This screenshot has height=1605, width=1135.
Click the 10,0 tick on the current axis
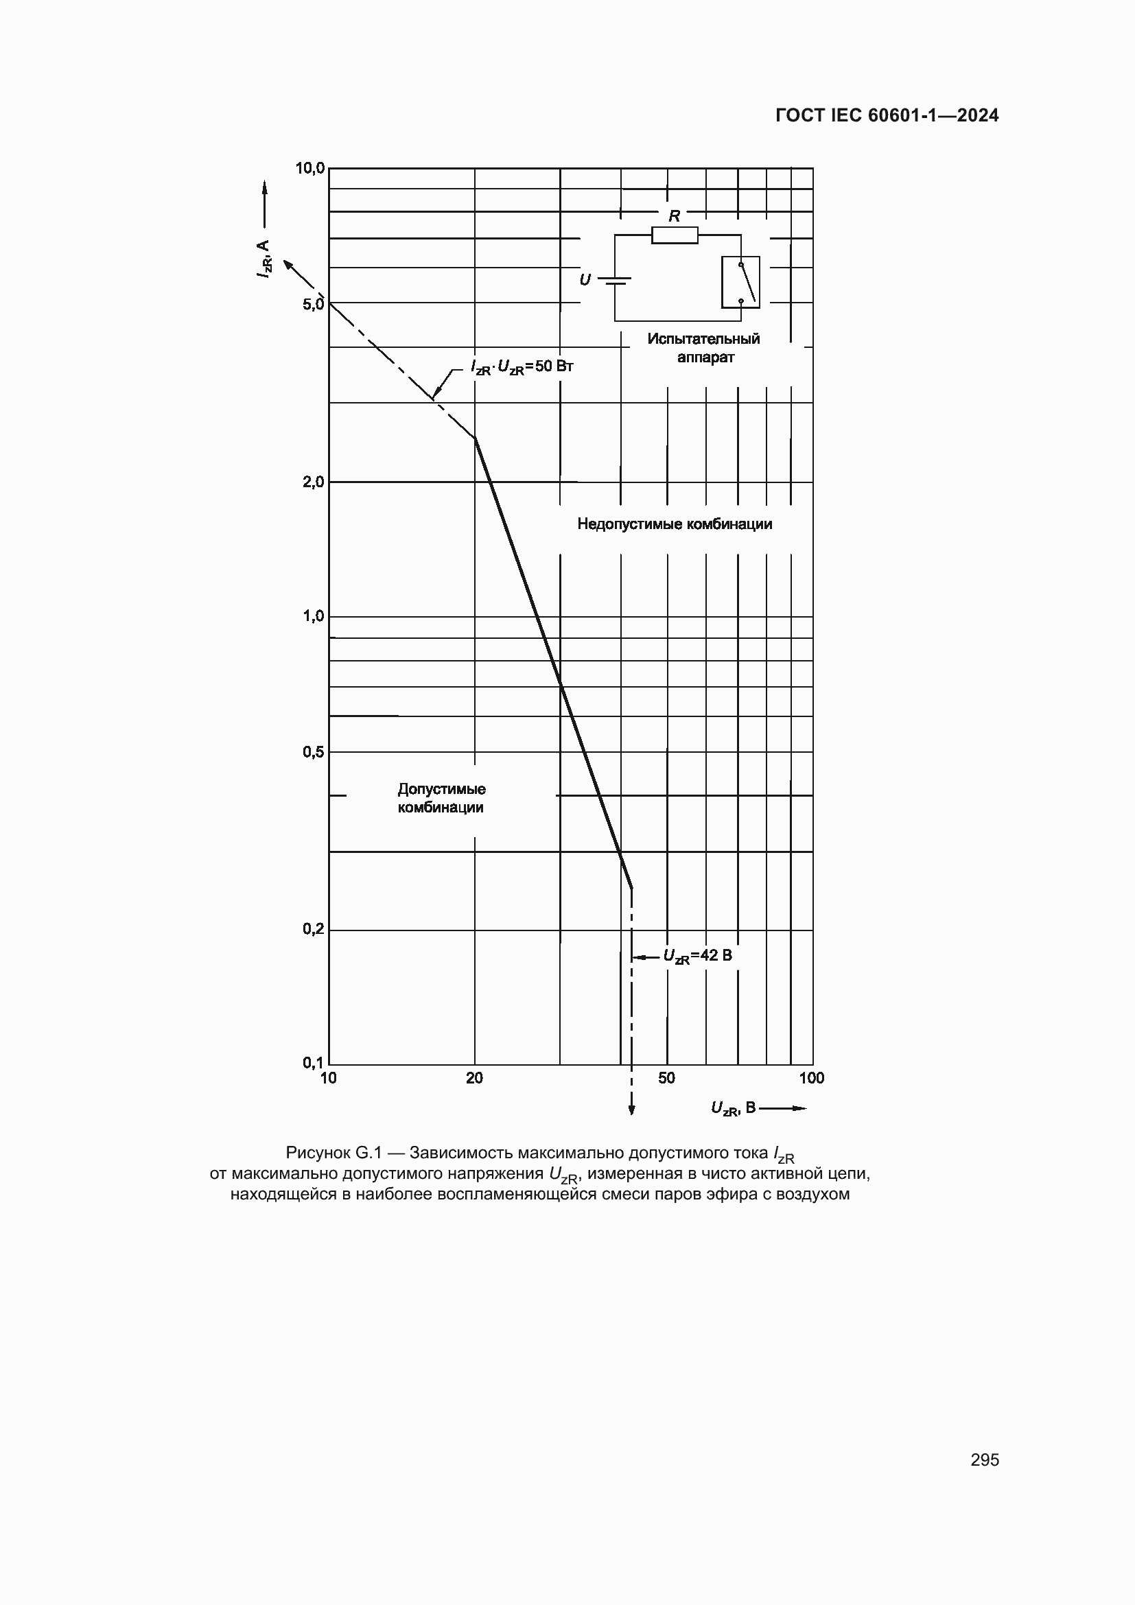[309, 167]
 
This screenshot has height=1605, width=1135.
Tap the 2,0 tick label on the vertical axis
[313, 482]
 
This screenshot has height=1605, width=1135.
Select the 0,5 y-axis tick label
[313, 752]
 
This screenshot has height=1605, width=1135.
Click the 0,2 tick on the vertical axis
[313, 929]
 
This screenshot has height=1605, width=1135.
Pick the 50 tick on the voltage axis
[666, 1078]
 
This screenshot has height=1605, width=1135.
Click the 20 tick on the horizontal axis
[475, 1078]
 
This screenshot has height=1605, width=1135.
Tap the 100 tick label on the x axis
[811, 1078]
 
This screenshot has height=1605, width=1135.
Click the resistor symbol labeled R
[675, 235]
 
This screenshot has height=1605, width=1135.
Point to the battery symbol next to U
[615, 281]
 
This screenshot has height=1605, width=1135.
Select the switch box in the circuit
[740, 283]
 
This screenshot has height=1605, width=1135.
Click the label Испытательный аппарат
[703, 348]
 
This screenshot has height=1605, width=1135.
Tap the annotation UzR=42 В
[697, 956]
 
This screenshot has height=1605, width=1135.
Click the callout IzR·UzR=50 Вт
[522, 367]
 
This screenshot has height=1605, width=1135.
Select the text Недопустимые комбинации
[675, 524]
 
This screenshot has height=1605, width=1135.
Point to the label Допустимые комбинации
[441, 798]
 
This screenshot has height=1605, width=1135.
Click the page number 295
[984, 1460]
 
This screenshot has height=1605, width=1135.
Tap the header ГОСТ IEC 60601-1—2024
[887, 116]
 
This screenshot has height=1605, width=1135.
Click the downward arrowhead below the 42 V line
[632, 1110]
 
